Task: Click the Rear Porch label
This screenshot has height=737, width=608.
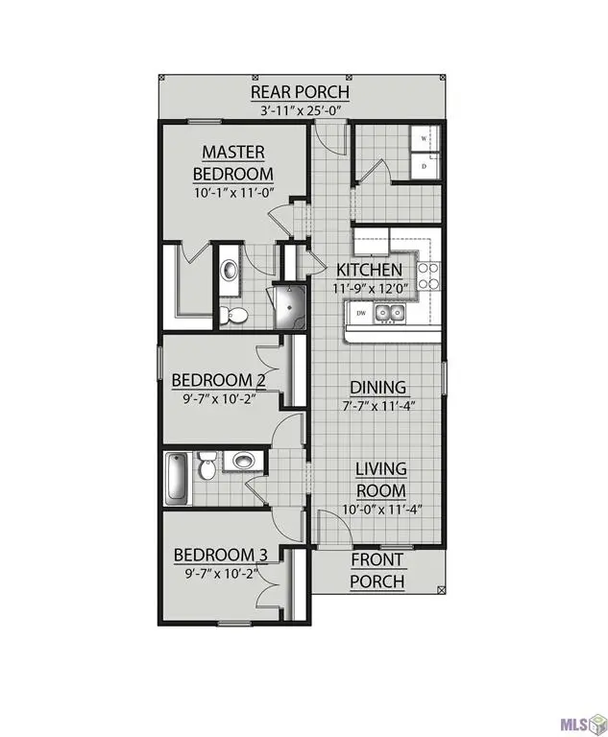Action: pyautogui.click(x=300, y=92)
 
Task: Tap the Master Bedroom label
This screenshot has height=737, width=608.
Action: pyautogui.click(x=233, y=163)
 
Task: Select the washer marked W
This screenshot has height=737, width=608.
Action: pyautogui.click(x=425, y=140)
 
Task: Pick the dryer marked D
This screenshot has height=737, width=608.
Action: pyautogui.click(x=425, y=166)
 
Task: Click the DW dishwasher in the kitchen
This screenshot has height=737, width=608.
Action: pyautogui.click(x=361, y=313)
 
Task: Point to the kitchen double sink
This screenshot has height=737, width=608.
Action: pyautogui.click(x=390, y=312)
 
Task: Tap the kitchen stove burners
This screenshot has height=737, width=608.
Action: pyautogui.click(x=428, y=276)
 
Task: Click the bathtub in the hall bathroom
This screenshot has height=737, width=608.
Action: pyautogui.click(x=177, y=477)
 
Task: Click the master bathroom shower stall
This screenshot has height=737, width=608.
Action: pyautogui.click(x=288, y=304)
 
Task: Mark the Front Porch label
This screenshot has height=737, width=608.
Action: pyautogui.click(x=377, y=570)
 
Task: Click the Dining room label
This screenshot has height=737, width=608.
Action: pyautogui.click(x=380, y=387)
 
